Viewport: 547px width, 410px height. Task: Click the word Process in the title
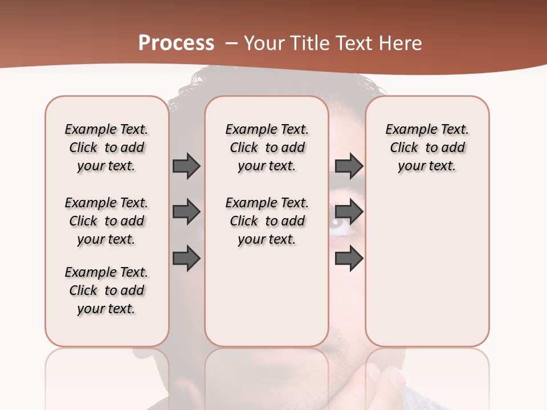pyautogui.click(x=176, y=43)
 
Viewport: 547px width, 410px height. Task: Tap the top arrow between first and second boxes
pyautogui.click(x=186, y=166)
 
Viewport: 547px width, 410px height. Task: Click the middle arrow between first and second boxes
pyautogui.click(x=186, y=212)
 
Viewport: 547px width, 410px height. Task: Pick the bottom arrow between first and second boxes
pyautogui.click(x=186, y=259)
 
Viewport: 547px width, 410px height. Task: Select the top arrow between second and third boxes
pyautogui.click(x=349, y=166)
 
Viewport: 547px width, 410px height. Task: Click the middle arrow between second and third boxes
pyautogui.click(x=349, y=212)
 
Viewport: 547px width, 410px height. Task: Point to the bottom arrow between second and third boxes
pyautogui.click(x=349, y=259)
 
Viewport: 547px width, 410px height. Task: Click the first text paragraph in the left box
pyautogui.click(x=107, y=147)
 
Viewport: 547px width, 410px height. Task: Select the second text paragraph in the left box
pyautogui.click(x=107, y=221)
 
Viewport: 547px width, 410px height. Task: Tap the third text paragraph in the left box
pyautogui.click(x=107, y=290)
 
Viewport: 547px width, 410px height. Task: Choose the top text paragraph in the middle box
pyautogui.click(x=267, y=147)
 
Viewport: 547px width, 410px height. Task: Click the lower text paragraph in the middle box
pyautogui.click(x=267, y=221)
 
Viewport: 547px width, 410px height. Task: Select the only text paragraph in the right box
pyautogui.click(x=427, y=147)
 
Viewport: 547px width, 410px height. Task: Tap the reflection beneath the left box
pyautogui.click(x=107, y=376)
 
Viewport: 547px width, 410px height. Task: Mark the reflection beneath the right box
pyautogui.click(x=427, y=376)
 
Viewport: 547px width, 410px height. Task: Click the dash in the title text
pyautogui.click(x=231, y=43)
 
